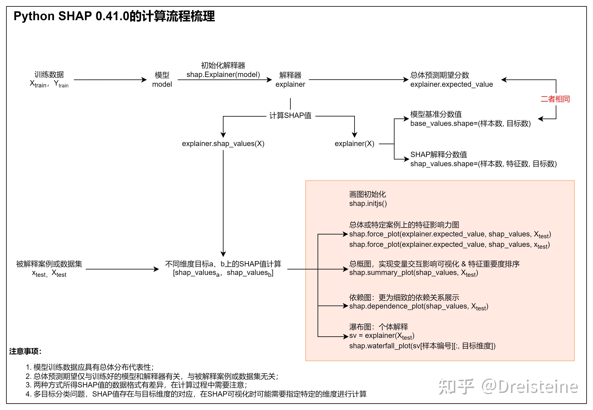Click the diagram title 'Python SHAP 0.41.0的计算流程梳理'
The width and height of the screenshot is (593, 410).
[114, 16]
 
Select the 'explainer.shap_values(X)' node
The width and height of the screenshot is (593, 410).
[223, 144]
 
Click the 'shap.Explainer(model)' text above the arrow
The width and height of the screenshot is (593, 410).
[223, 75]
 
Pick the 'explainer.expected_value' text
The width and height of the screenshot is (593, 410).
[451, 84]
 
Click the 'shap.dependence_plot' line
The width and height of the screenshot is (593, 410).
[418, 306]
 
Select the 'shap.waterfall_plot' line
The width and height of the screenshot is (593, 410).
[422, 346]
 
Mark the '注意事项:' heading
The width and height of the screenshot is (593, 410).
[25, 351]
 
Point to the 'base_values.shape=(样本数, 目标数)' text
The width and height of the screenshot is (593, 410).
[470, 124]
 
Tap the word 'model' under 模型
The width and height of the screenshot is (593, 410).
[162, 84]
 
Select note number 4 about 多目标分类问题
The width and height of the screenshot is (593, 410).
[196, 394]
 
